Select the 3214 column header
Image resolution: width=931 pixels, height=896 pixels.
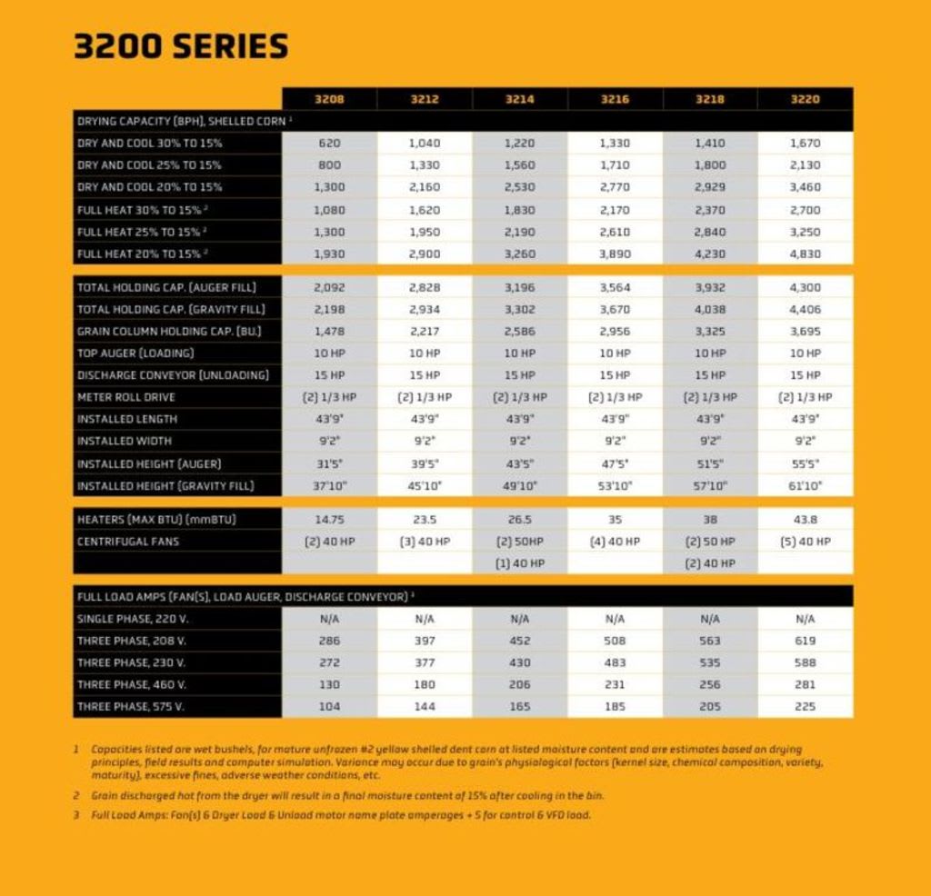(x=520, y=99)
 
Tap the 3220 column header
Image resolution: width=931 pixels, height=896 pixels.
(x=805, y=99)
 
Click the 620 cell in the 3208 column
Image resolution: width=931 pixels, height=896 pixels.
(x=329, y=144)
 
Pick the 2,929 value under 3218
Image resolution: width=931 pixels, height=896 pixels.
(x=710, y=187)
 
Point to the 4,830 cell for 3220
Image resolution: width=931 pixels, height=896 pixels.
(x=805, y=254)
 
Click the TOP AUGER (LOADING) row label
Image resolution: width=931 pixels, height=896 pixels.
(x=135, y=353)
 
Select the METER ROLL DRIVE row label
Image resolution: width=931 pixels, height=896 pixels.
(x=126, y=397)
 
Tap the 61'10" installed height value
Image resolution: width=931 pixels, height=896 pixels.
(x=805, y=486)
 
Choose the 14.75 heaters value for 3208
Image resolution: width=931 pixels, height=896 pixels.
(x=329, y=520)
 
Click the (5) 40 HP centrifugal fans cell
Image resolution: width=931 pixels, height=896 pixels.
(x=805, y=542)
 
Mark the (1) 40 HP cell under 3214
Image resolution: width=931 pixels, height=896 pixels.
(x=520, y=563)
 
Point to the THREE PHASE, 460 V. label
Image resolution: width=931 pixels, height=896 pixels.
(x=132, y=684)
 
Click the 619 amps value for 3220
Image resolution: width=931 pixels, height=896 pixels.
(x=805, y=641)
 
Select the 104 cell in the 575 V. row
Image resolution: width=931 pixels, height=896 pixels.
(x=329, y=706)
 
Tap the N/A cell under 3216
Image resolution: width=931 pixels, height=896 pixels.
(x=615, y=619)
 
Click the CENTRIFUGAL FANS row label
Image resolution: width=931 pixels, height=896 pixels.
(x=128, y=542)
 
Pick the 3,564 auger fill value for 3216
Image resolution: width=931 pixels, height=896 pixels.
(x=615, y=287)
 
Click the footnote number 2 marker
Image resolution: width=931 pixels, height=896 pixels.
(x=77, y=795)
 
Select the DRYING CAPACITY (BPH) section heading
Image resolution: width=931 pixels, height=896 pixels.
(x=182, y=121)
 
